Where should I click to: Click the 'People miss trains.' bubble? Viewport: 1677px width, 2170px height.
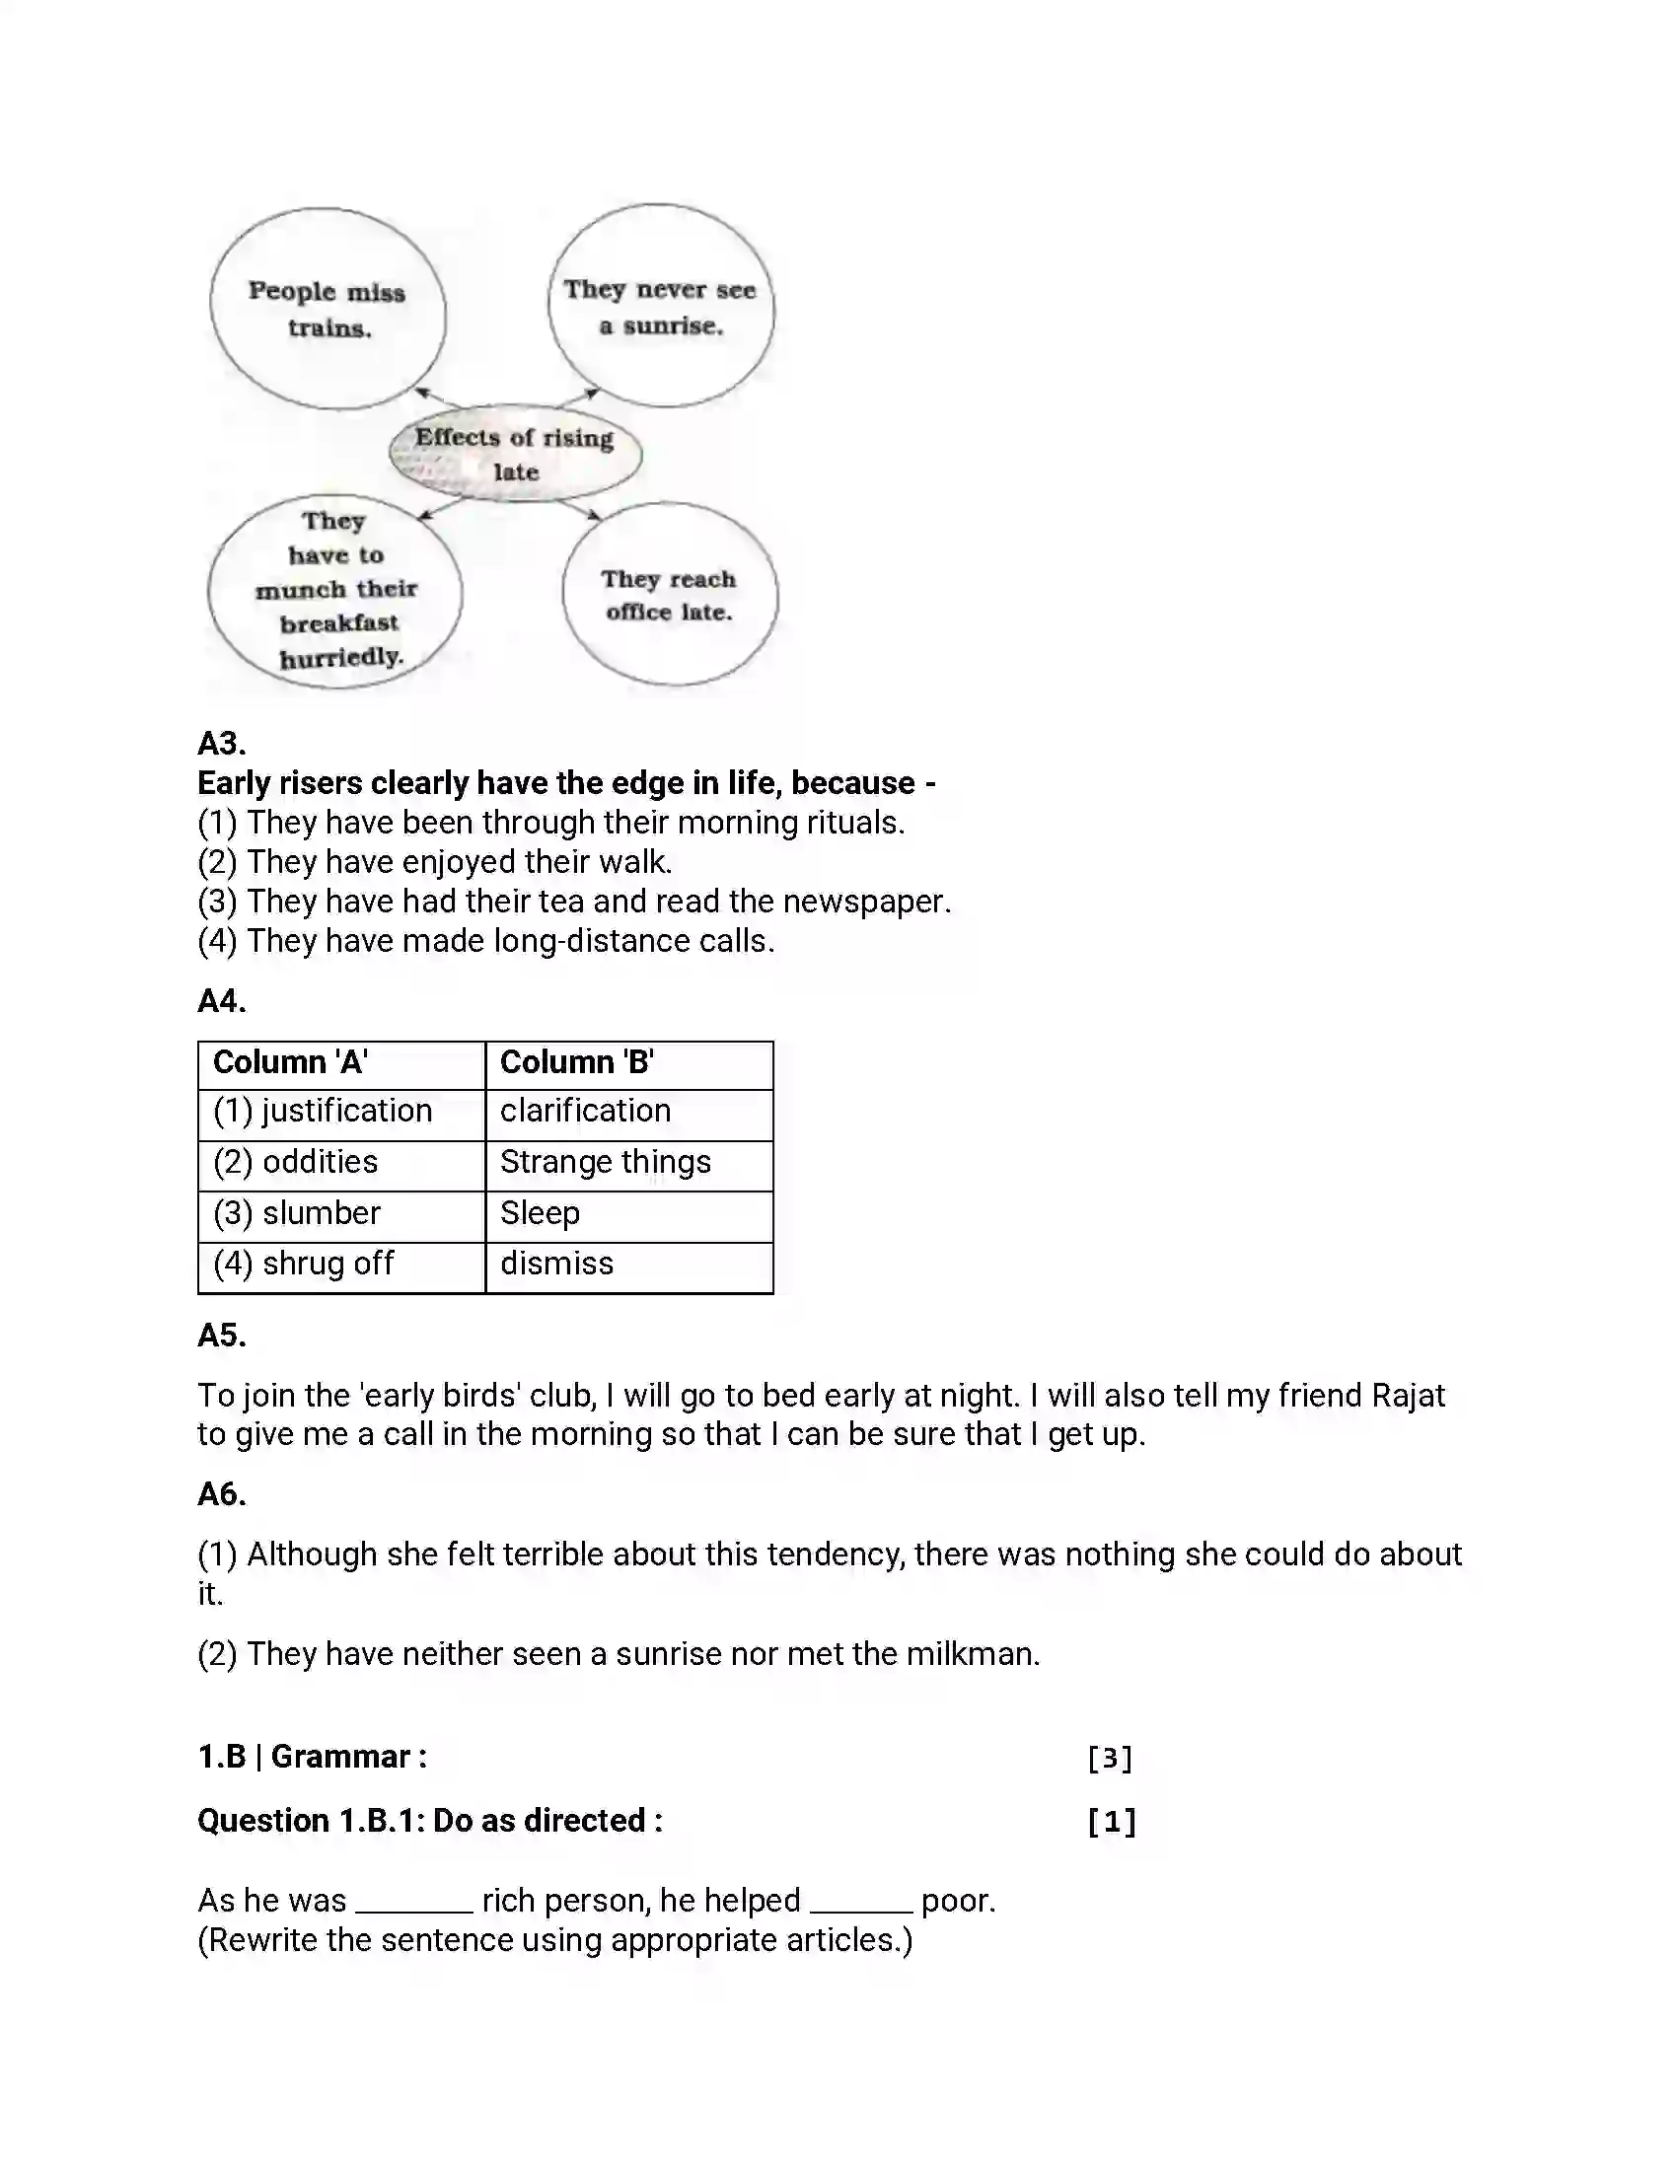point(327,309)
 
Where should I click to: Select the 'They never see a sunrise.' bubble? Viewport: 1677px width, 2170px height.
point(661,306)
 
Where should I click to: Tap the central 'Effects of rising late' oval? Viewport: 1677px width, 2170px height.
point(515,454)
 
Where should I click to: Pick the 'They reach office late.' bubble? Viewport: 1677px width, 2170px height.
point(669,594)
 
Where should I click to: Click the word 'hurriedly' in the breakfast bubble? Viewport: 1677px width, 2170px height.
point(339,658)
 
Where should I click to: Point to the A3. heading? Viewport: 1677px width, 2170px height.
point(222,743)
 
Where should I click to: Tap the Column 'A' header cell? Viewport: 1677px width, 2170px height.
point(339,1063)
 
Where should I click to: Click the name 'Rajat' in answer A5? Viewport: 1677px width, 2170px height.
point(1408,1395)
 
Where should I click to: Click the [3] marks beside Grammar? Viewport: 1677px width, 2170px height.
point(1110,1759)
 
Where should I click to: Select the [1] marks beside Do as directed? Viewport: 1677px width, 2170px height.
point(1111,1821)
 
